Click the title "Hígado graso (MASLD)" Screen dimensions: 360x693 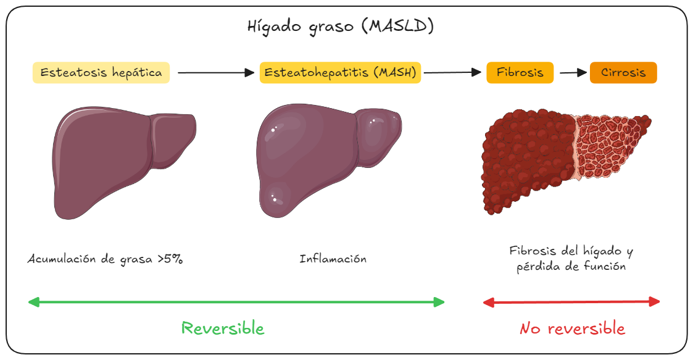click(x=340, y=27)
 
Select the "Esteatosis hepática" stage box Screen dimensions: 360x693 click(x=101, y=73)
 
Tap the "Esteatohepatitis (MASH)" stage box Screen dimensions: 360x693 click(x=340, y=73)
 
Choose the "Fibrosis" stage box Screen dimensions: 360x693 click(x=520, y=73)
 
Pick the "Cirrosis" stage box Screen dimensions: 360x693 click(x=623, y=73)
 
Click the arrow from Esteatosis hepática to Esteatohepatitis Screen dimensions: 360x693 click(x=215, y=73)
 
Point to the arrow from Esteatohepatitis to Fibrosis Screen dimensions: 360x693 click(x=452, y=73)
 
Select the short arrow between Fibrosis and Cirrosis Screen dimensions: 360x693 click(x=573, y=73)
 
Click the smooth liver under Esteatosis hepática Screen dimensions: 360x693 click(x=117, y=161)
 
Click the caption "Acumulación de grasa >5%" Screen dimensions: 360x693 click(x=105, y=259)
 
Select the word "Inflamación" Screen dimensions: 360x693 click(x=333, y=259)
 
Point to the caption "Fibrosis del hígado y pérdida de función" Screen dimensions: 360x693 click(x=571, y=259)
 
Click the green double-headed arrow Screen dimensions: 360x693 click(x=236, y=302)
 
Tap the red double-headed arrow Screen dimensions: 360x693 click(x=571, y=302)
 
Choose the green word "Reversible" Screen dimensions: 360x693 click(x=223, y=329)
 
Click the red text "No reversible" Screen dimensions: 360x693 click(x=572, y=329)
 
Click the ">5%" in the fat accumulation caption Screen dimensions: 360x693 click(x=170, y=259)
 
